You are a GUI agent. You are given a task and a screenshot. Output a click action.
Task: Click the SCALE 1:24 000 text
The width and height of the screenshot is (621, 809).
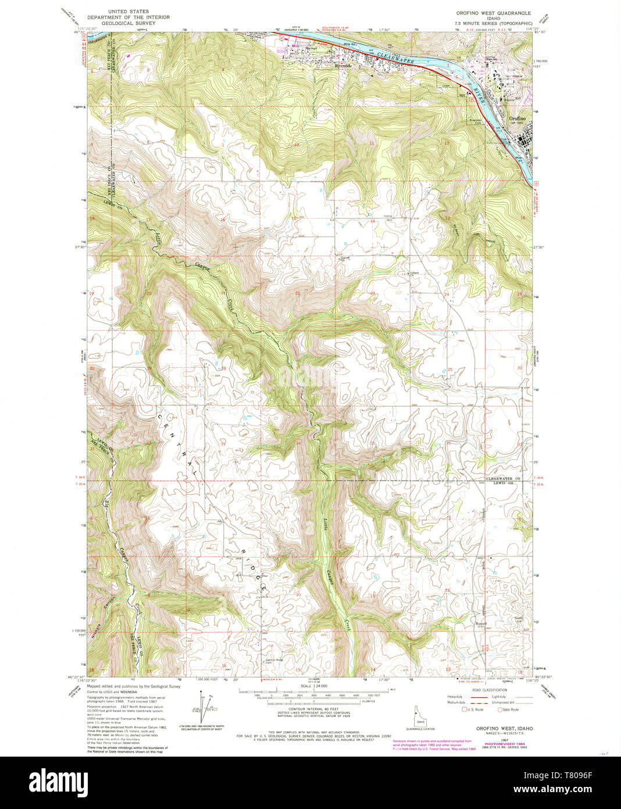(310, 687)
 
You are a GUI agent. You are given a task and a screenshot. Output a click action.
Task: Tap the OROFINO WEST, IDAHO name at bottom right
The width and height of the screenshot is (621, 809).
(504, 728)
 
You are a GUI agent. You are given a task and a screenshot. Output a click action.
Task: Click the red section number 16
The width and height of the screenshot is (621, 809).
(223, 219)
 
